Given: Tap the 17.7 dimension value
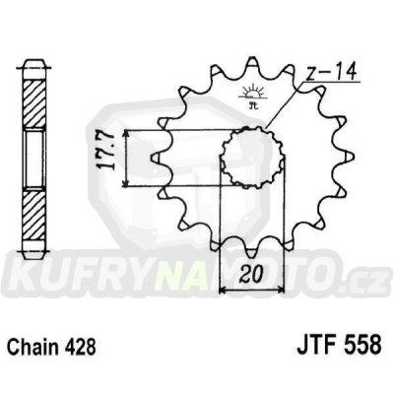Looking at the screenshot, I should pyautogui.click(x=114, y=156).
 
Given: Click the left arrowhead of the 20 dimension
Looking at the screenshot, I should pyautogui.click(x=222, y=291).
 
